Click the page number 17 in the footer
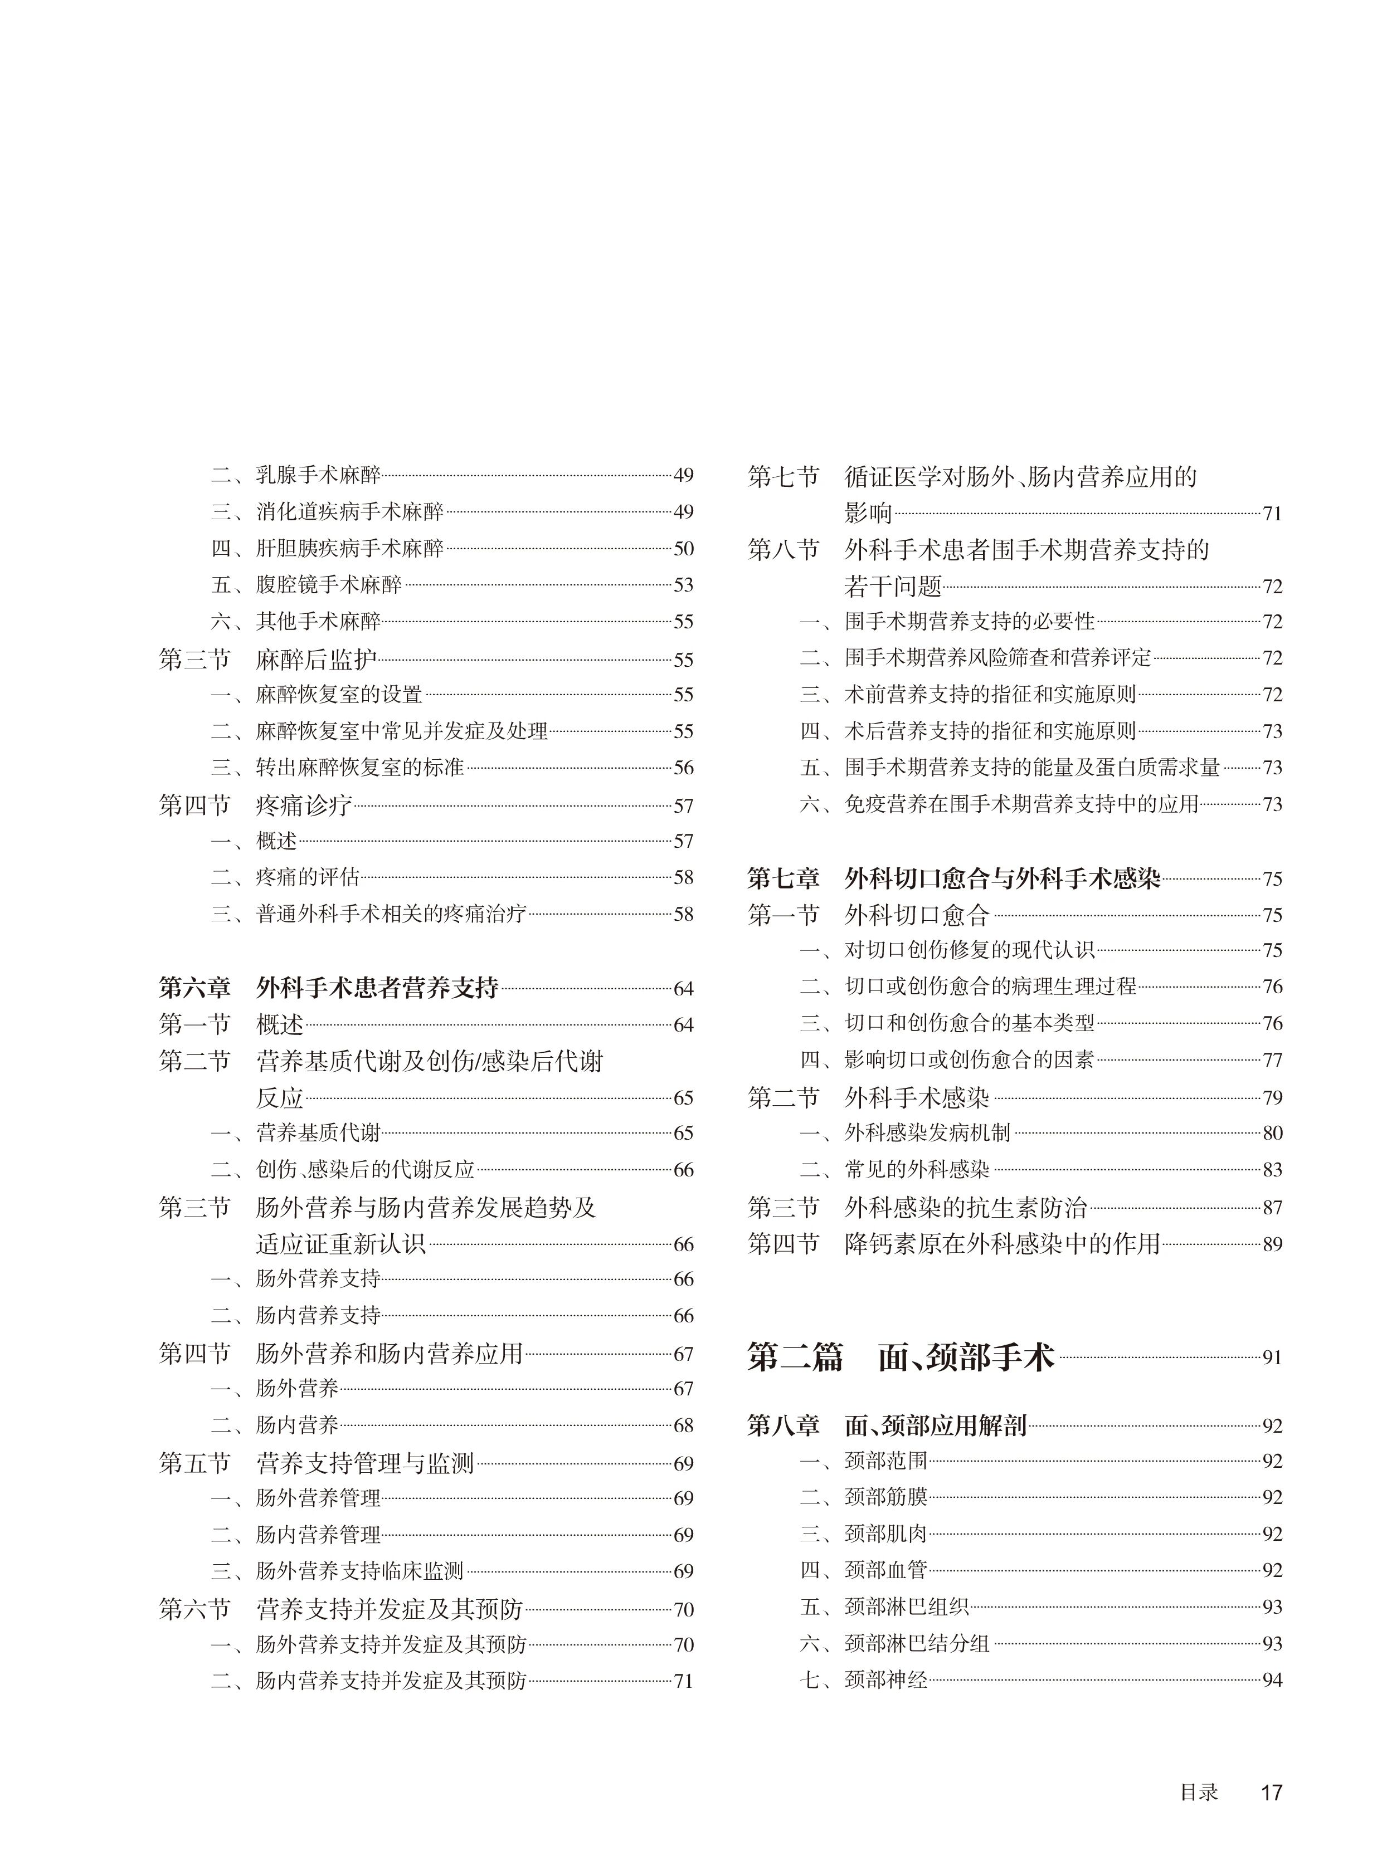[x=1271, y=1792]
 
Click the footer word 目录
[x=1199, y=1792]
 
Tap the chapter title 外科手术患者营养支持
[x=377, y=988]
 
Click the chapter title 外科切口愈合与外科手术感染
[x=1001, y=878]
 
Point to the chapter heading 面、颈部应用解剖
[x=935, y=1425]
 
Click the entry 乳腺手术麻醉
[x=318, y=476]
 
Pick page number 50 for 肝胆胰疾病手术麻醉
[x=683, y=549]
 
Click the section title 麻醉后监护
[x=315, y=660]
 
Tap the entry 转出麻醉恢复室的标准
[x=360, y=767]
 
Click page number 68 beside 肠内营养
[x=683, y=1425]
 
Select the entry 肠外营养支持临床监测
[x=360, y=1571]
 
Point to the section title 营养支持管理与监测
[x=365, y=1463]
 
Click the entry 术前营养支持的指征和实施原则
[x=990, y=694]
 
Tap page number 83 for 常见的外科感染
[x=1272, y=1169]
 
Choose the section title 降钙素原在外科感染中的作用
[x=1001, y=1243]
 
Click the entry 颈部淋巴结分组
[x=917, y=1643]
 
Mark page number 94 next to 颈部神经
[x=1272, y=1680]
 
